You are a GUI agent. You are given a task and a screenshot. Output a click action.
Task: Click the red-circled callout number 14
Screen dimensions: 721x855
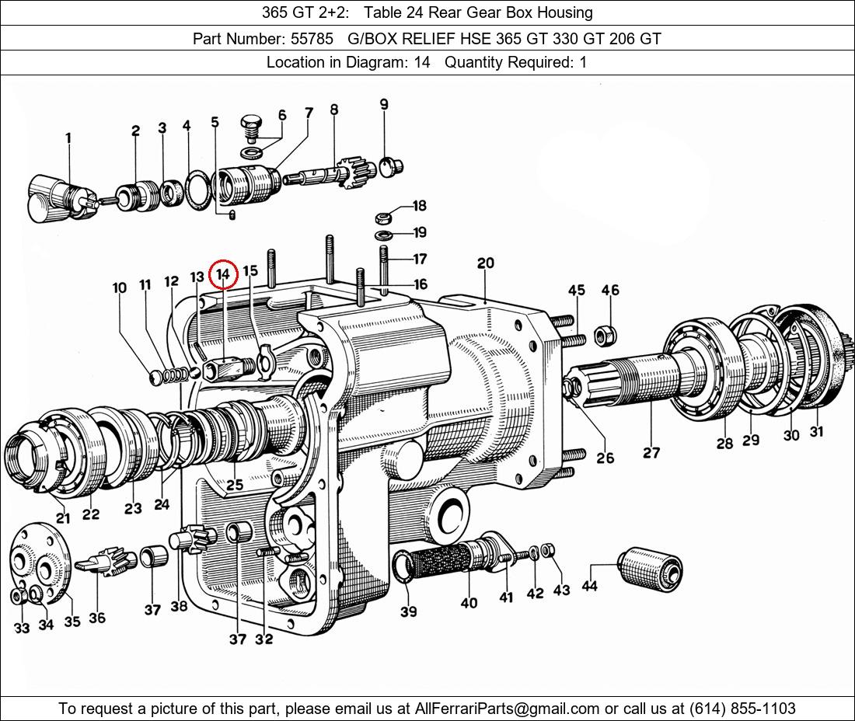pos(223,273)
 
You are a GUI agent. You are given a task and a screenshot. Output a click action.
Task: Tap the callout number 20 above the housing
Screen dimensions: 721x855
pos(486,263)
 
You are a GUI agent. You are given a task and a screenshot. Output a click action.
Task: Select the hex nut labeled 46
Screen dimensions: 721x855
pos(601,336)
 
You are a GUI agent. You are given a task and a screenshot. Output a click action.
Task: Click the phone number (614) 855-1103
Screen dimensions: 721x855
pos(741,708)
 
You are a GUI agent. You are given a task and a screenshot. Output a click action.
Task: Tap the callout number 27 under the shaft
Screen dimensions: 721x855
pos(651,452)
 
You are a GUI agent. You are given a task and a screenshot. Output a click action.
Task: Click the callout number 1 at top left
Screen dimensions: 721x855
pos(68,138)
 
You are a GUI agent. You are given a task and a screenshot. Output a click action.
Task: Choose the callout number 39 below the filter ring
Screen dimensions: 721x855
pos(409,611)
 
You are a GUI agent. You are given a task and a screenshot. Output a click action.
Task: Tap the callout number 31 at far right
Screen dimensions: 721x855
pos(816,432)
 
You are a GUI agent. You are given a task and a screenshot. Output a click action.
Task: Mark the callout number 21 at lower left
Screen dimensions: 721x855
pos(62,518)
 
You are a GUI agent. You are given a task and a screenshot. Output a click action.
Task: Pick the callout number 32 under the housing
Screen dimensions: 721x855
pos(264,639)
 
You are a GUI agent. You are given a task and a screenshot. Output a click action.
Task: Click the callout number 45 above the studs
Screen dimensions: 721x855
pos(576,291)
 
